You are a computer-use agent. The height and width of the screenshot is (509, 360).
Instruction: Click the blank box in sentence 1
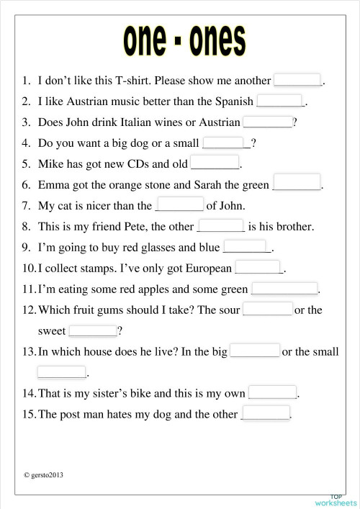pos(297,80)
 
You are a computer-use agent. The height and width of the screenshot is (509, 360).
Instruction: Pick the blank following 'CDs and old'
pos(214,163)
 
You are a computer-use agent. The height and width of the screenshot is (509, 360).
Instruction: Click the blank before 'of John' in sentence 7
pos(179,204)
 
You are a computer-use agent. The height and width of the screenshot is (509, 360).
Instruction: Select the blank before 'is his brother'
pos(220,225)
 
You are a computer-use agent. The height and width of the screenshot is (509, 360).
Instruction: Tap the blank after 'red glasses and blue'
pos(246,247)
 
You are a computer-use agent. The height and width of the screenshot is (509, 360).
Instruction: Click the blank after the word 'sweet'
pos(92,330)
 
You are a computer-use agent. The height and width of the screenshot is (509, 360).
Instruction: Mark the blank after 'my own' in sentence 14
pos(272,392)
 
